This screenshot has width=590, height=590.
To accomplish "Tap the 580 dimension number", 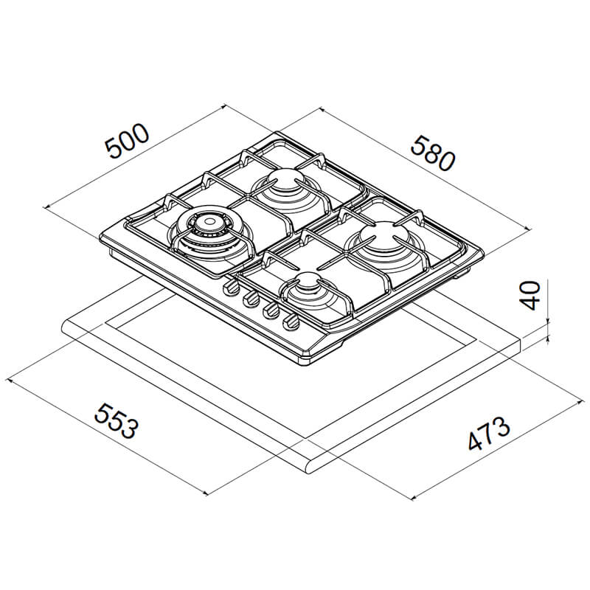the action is pyautogui.click(x=433, y=153).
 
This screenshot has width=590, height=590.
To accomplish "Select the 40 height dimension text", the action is pyautogui.click(x=531, y=296).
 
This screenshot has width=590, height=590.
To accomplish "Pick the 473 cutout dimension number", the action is pyautogui.click(x=489, y=434).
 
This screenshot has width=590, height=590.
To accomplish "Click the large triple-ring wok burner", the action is pyautogui.click(x=209, y=235).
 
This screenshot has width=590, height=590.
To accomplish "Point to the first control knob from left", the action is pyautogui.click(x=232, y=288).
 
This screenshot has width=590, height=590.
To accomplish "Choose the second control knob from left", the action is pyautogui.click(x=251, y=299).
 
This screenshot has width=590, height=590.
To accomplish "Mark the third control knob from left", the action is pyautogui.click(x=271, y=310).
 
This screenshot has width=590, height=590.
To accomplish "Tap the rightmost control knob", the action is pyautogui.click(x=291, y=322).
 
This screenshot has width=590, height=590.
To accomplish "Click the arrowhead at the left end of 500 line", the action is pyautogui.click(x=47, y=206).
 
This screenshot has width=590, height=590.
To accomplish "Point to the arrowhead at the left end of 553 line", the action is pyautogui.click(x=10, y=381).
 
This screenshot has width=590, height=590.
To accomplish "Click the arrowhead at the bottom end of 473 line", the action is pyautogui.click(x=414, y=497).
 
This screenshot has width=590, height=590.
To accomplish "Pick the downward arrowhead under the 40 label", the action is pyautogui.click(x=548, y=320).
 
